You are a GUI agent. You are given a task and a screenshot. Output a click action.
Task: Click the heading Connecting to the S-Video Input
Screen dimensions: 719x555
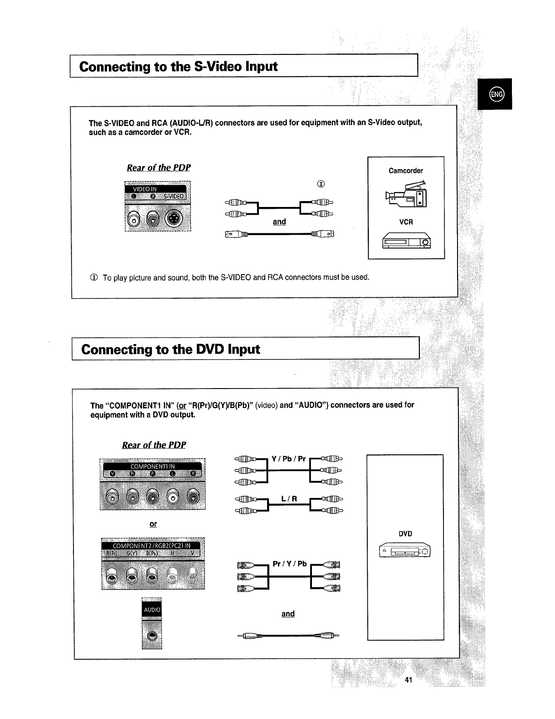pos(178,67)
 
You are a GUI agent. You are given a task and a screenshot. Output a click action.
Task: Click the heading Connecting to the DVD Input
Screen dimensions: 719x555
pos(170,350)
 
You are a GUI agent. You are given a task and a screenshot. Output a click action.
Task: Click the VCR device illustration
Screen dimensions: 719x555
pos(406,241)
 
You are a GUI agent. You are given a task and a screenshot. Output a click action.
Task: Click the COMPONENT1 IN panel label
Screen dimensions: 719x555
pos(153,466)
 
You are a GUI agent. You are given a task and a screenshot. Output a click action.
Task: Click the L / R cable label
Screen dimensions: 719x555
pos(289,499)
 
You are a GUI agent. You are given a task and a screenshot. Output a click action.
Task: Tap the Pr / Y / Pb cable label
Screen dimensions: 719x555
pos(289,564)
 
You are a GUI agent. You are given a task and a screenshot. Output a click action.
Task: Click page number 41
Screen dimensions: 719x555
pos(408,680)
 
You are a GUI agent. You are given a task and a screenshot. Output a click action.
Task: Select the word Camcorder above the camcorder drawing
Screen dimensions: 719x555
pos(406,171)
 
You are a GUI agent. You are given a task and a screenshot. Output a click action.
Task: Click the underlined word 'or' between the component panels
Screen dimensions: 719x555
pos(153,524)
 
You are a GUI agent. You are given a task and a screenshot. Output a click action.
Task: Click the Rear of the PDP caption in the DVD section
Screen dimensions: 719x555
pos(154,444)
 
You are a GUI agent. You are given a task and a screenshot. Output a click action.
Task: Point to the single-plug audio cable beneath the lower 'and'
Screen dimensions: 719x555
pos(288,635)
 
